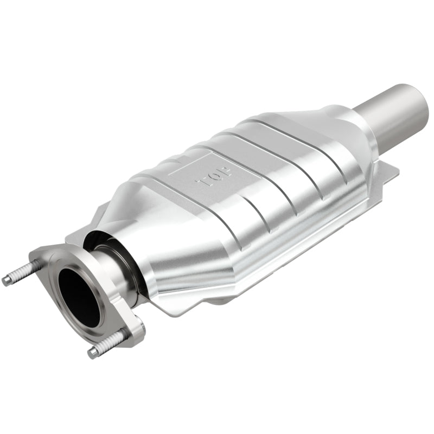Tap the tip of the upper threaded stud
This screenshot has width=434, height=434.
click(x=7, y=281)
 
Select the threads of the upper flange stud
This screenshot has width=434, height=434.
click(x=24, y=272)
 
